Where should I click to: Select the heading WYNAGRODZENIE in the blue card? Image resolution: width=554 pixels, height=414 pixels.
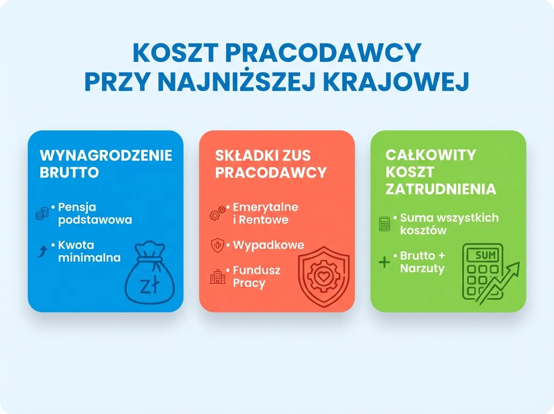[x=106, y=155]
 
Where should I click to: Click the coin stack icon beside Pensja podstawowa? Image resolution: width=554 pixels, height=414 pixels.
[x=42, y=213]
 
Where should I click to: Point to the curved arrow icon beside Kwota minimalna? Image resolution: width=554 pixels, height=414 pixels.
[x=42, y=251]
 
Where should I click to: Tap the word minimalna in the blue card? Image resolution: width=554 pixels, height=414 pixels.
[x=89, y=257]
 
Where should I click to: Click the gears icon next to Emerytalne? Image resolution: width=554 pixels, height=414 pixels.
[x=217, y=213]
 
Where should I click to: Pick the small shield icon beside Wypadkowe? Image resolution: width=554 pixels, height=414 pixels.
[x=217, y=245]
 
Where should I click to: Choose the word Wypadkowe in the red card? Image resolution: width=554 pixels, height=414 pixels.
[x=268, y=245]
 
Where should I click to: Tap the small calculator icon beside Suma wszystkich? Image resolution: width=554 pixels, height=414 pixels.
[x=384, y=224]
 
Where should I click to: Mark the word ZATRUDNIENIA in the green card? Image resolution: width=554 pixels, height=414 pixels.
[x=441, y=189]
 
